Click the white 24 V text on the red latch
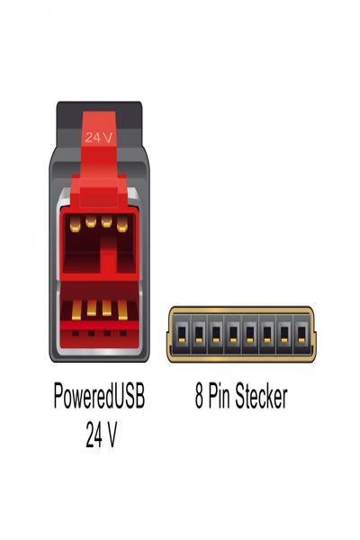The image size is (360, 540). tap(98, 138)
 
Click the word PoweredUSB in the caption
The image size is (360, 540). tap(99, 396)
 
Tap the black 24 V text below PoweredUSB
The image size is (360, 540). tap(102, 435)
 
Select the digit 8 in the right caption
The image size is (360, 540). tap(199, 396)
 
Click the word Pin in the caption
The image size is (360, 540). tap(220, 396)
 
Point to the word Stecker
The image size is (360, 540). tap(261, 396)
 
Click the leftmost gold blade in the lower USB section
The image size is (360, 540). tap(76, 310)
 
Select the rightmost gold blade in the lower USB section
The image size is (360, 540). tap(122, 310)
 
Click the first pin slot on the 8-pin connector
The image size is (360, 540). tap(182, 333)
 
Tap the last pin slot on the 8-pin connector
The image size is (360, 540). tap(301, 333)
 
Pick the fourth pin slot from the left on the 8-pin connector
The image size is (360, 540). tap(233, 333)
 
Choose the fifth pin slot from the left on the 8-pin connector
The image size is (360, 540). tap(250, 333)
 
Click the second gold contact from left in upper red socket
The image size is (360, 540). tap(91, 221)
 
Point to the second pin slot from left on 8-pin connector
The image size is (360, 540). tap(199, 333)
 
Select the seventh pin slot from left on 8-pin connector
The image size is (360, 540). tap(284, 333)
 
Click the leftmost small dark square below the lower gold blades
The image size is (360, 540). tap(76, 333)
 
